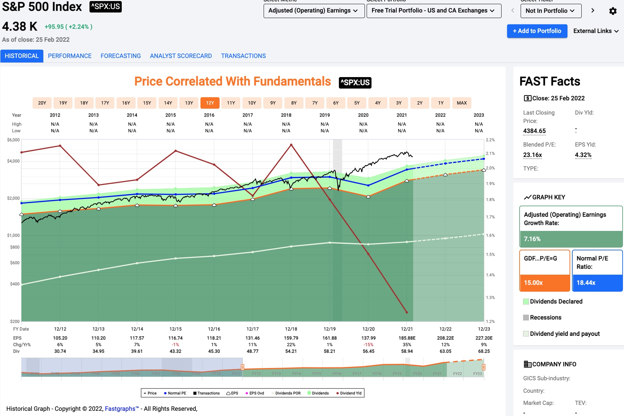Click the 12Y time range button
210,103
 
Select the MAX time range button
462,103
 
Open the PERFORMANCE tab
70,56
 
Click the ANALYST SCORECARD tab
181,56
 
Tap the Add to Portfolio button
537,31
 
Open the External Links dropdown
596,31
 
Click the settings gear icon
613,11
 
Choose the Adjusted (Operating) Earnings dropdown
314,11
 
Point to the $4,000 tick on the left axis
14,161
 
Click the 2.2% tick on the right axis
490,140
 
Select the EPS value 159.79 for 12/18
291,338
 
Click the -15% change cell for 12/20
368,344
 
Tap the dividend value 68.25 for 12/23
484,351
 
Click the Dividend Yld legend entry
349,393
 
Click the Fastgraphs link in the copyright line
121,409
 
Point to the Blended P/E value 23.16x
532,155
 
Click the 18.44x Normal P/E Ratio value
586,283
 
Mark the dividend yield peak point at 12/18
291,145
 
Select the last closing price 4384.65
534,131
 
